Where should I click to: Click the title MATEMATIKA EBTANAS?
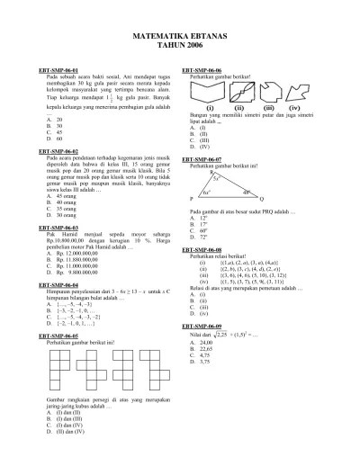pyautogui.click(x=180, y=31)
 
